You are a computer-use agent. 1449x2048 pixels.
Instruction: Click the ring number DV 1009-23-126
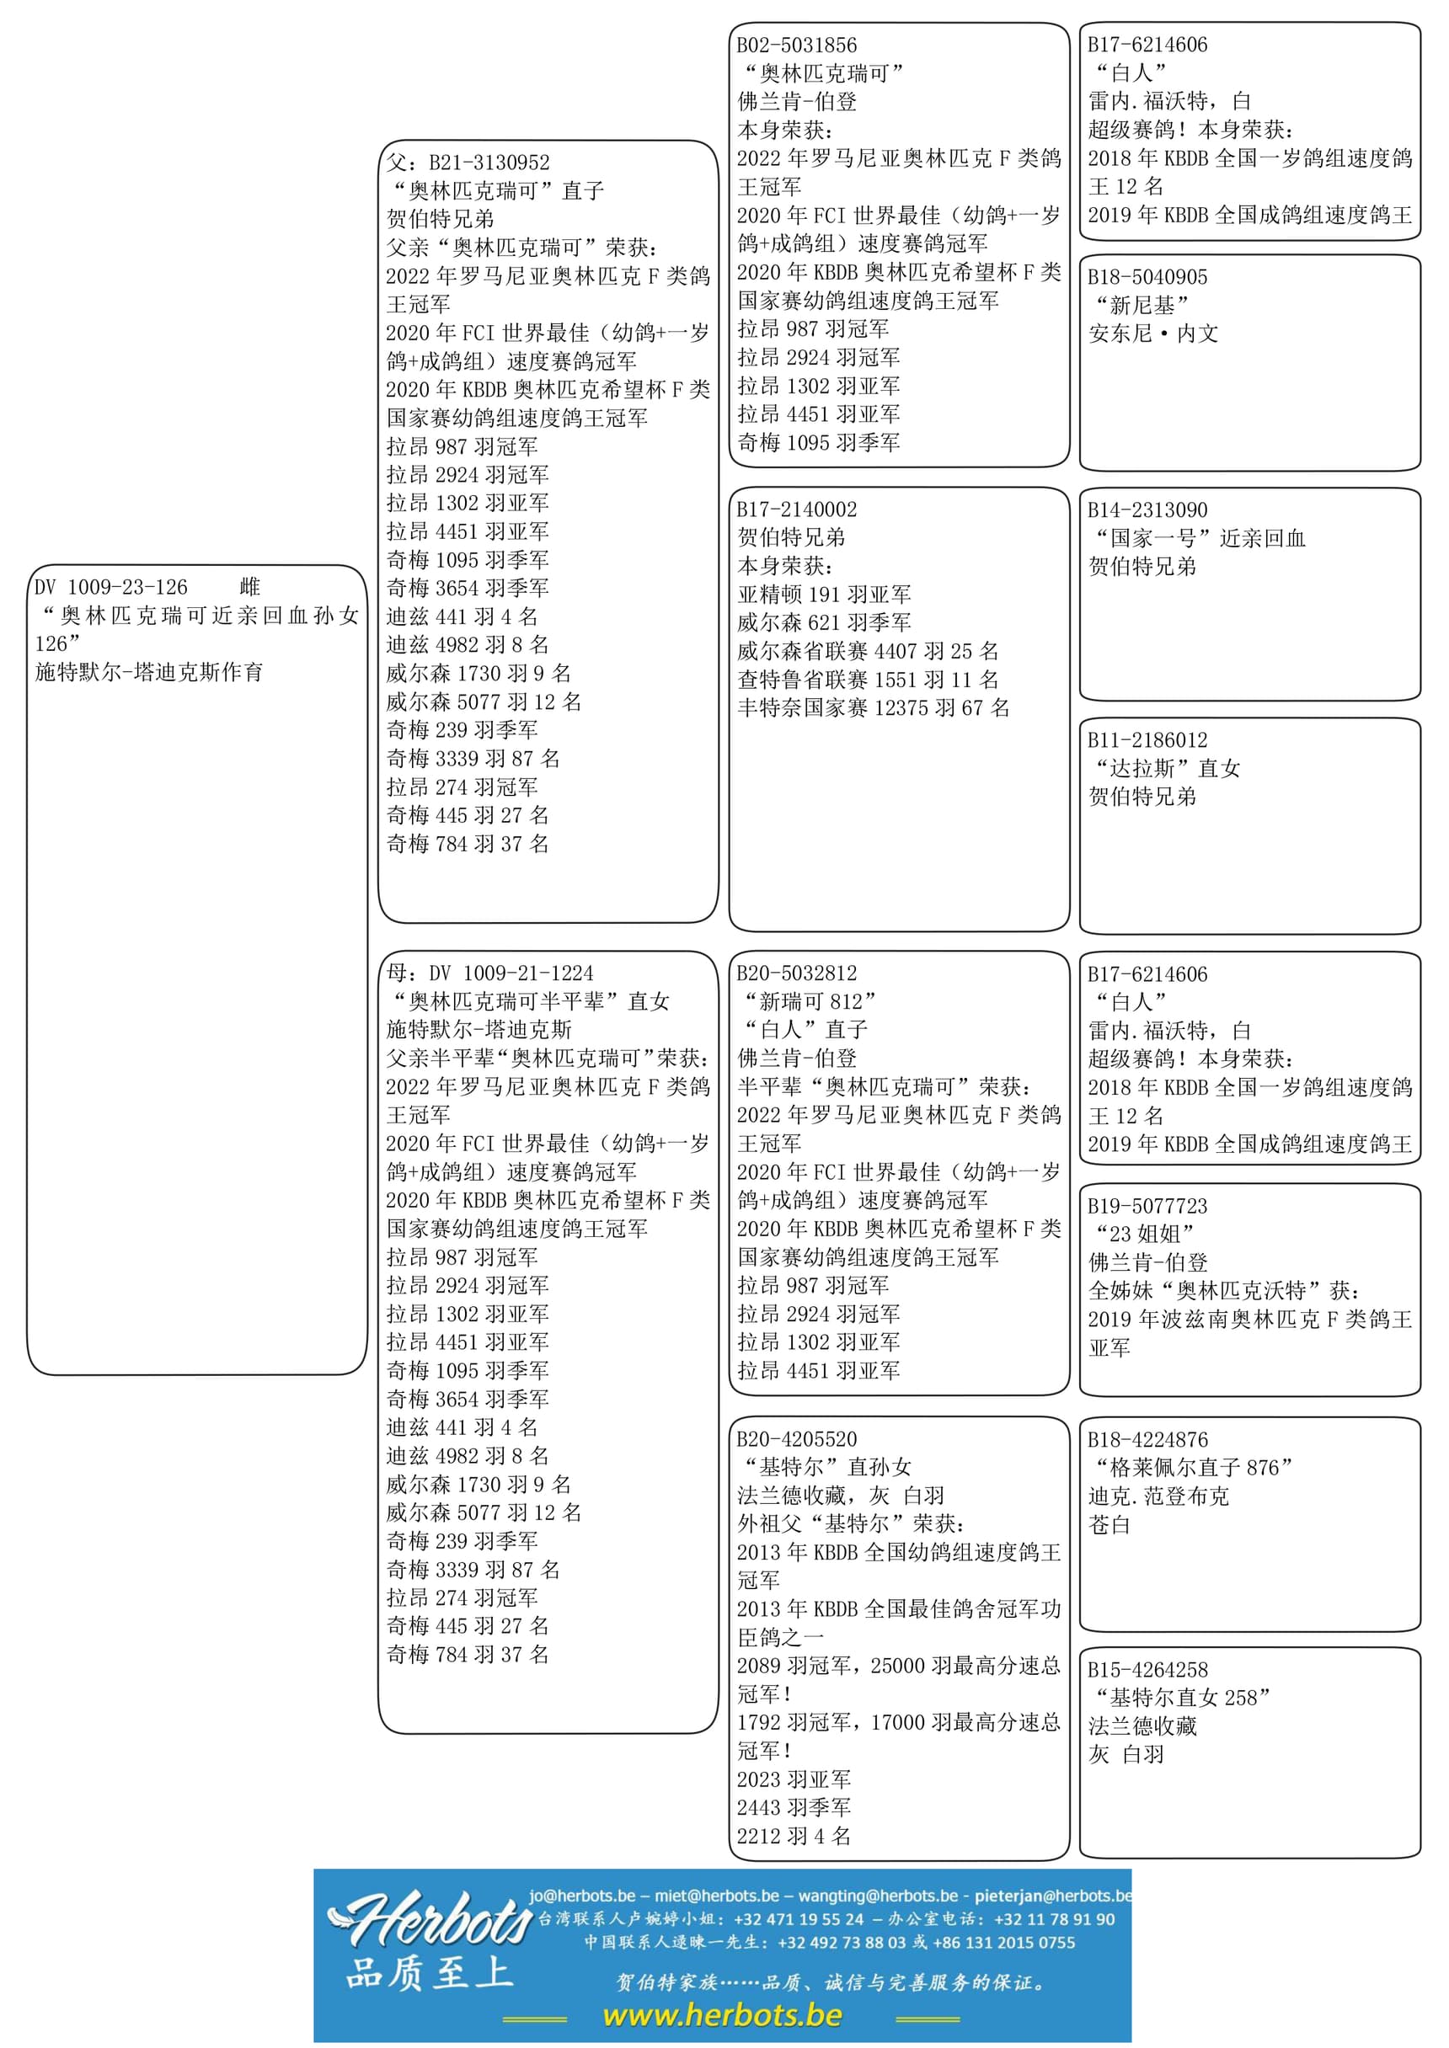pyautogui.click(x=111, y=587)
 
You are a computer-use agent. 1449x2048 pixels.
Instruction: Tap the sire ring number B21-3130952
pyautogui.click(x=489, y=163)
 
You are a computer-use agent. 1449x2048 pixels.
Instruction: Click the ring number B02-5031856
pyautogui.click(x=797, y=45)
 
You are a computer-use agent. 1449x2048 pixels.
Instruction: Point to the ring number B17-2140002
pyautogui.click(x=797, y=509)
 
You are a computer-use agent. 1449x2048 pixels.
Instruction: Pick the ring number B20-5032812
pyautogui.click(x=797, y=973)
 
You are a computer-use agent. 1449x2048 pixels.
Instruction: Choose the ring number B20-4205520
pyautogui.click(x=797, y=1439)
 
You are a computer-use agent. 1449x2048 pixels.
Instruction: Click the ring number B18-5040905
pyautogui.click(x=1147, y=277)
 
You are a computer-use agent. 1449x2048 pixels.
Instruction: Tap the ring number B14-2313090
pyautogui.click(x=1147, y=510)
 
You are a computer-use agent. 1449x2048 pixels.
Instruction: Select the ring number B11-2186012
pyautogui.click(x=1147, y=740)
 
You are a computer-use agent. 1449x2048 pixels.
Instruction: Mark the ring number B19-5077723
pyautogui.click(x=1147, y=1206)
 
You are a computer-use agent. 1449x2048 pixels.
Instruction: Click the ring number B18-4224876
pyautogui.click(x=1147, y=1440)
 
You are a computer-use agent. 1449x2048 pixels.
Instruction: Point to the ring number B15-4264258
pyautogui.click(x=1147, y=1670)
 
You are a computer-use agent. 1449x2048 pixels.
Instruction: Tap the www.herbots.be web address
pyautogui.click(x=723, y=2015)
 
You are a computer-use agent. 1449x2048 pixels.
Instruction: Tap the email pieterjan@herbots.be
pyautogui.click(x=1053, y=1896)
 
